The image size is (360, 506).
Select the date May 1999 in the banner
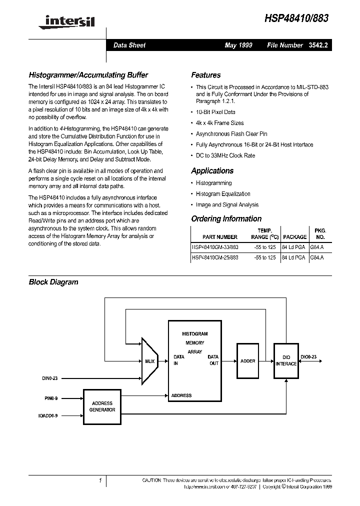point(238,45)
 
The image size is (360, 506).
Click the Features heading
point(205,75)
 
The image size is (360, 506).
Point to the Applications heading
point(212,170)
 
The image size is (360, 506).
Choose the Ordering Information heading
point(226,218)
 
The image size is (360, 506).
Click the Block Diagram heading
point(53,282)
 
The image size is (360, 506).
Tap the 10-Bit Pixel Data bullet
point(215,112)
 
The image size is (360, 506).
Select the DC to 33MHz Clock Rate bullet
point(225,155)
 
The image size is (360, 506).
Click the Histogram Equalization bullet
point(223,194)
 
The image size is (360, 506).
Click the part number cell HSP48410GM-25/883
point(215,257)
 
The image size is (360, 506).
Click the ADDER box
point(247,360)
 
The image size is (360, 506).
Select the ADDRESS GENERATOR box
point(102,406)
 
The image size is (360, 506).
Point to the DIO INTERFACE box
point(286,360)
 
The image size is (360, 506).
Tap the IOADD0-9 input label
point(48,415)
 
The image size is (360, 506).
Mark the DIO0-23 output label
point(308,356)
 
